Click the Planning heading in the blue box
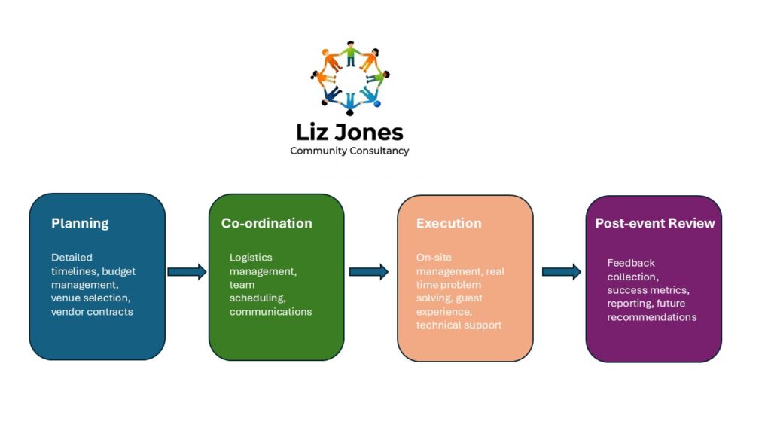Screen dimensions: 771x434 80,223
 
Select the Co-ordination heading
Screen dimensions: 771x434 267,223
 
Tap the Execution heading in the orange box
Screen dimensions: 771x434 449,223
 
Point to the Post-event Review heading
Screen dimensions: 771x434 655,223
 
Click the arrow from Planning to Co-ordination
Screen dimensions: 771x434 187,271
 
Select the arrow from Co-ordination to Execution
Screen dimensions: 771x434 369,271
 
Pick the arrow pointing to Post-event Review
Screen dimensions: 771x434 562,271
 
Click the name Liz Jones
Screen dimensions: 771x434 349,132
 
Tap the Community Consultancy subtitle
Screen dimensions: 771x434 349,151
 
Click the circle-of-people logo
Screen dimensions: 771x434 350,78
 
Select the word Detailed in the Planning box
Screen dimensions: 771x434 72,258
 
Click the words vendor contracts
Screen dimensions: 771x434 92,311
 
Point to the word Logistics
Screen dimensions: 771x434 251,258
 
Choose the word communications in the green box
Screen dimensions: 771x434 270,311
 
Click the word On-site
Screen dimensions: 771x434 434,258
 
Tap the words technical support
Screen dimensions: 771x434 459,325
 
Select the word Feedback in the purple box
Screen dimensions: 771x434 631,263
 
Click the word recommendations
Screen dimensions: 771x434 652,317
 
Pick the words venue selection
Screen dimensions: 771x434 90,298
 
